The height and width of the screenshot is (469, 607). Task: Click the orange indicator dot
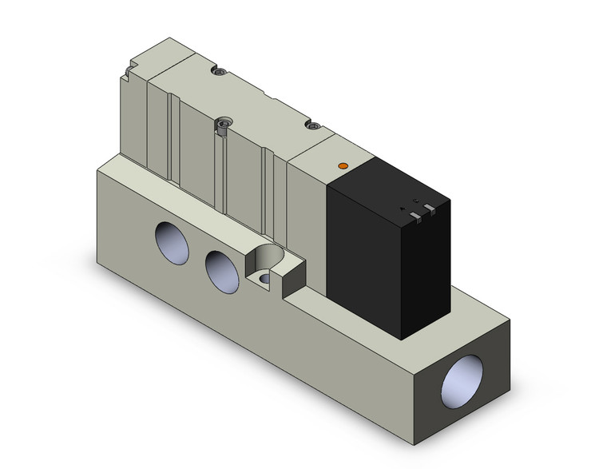(x=343, y=165)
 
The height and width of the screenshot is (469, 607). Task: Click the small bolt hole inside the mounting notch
(x=264, y=279)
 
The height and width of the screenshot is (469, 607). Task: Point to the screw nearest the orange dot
(x=313, y=125)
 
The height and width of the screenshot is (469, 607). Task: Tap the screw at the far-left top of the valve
(x=218, y=73)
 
